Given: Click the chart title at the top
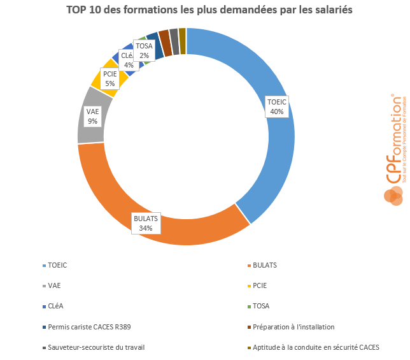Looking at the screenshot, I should click(205, 10).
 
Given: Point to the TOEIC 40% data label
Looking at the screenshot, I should click(277, 106).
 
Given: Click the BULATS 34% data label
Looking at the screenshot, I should click(145, 223).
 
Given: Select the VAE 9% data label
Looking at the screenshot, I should click(93, 116).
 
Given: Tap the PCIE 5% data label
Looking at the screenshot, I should click(110, 78).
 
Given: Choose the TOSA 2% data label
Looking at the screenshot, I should click(145, 50).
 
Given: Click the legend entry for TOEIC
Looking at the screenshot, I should click(57, 265).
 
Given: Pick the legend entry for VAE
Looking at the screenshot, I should click(54, 285).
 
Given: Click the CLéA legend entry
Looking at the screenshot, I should click(55, 306).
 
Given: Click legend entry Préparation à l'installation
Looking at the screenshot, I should click(293, 327).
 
